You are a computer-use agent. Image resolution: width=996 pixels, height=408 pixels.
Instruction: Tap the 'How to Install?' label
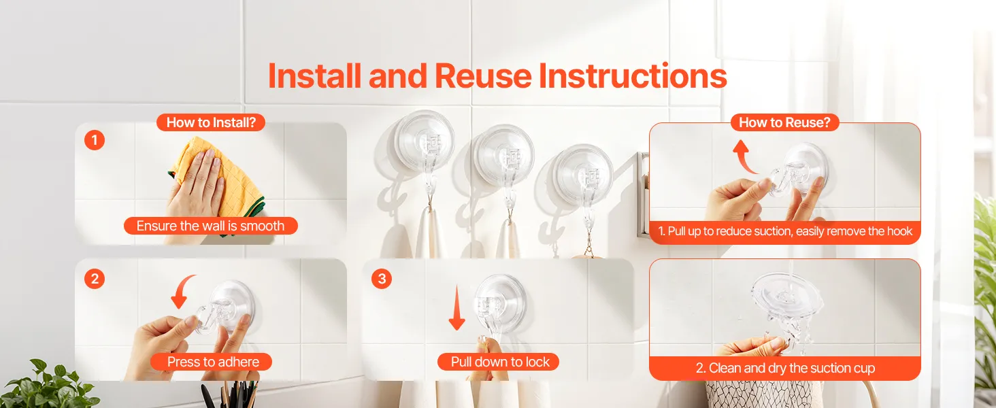pyautogui.click(x=211, y=122)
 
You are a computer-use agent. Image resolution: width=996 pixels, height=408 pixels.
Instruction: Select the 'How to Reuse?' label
pyautogui.click(x=785, y=122)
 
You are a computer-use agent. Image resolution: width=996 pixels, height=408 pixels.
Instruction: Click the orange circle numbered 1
pyautogui.click(x=95, y=141)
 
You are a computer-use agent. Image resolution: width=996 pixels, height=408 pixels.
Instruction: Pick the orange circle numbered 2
pyautogui.click(x=95, y=279)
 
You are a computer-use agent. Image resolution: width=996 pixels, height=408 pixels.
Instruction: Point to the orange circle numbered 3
pyautogui.click(x=382, y=279)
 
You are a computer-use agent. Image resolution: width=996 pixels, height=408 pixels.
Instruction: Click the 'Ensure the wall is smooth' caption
pyautogui.click(x=210, y=226)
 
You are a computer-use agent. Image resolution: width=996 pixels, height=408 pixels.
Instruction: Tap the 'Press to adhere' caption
pyautogui.click(x=213, y=362)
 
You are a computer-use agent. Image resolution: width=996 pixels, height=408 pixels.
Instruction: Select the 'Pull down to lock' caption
pyautogui.click(x=500, y=362)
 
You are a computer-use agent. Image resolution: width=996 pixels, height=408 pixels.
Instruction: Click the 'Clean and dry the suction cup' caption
pyautogui.click(x=785, y=368)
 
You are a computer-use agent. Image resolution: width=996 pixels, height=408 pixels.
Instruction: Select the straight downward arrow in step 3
pyautogui.click(x=456, y=309)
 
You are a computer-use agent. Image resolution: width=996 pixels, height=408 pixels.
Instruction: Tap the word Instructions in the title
pyautogui.click(x=633, y=76)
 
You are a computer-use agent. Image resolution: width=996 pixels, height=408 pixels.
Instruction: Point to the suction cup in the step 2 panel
pyautogui.click(x=227, y=307)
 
